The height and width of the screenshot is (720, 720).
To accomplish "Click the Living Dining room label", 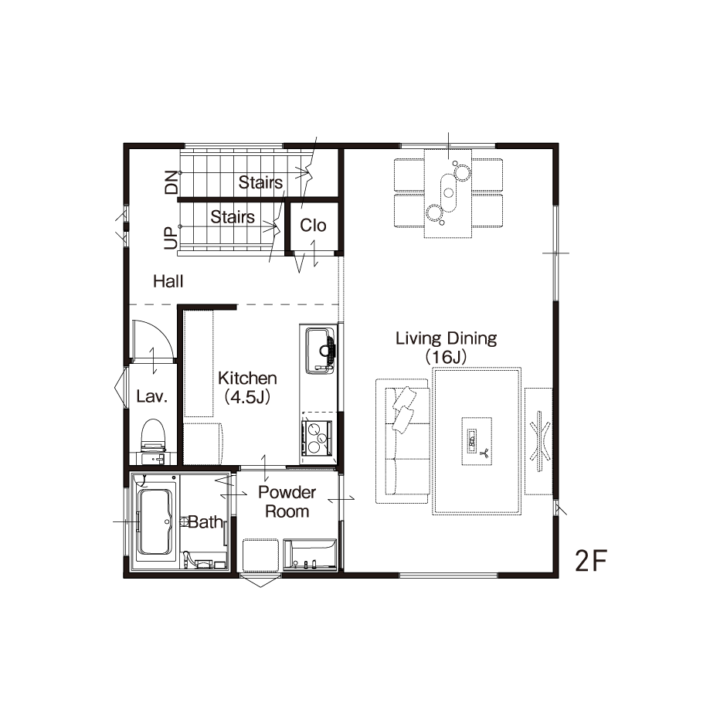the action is [x=446, y=339].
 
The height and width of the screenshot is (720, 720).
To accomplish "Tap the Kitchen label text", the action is [x=247, y=379].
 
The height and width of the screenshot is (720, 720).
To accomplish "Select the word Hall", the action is [x=168, y=281].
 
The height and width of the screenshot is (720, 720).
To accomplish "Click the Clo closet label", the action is [x=313, y=226].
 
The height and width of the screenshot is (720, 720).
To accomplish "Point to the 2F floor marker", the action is [x=591, y=561].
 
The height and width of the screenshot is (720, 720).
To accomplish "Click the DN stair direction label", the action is [x=172, y=182].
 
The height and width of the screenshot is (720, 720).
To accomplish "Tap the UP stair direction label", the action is [x=171, y=238].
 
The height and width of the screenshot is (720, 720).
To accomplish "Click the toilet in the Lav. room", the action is [x=152, y=435].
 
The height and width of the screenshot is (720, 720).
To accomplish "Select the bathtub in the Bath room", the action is [x=155, y=522].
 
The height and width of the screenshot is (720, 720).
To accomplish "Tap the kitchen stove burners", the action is [x=317, y=437].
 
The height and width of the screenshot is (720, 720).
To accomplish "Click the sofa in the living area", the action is [x=403, y=441].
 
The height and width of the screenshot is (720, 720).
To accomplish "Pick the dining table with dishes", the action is [x=448, y=193].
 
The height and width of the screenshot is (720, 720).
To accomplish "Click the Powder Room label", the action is [x=287, y=502].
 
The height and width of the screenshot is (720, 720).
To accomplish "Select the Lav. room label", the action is [x=151, y=396].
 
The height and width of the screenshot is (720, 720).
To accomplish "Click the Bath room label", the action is [x=205, y=522].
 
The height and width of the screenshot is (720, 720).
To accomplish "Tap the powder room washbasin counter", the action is [x=310, y=555].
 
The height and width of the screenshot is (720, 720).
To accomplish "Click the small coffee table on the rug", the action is [x=477, y=441].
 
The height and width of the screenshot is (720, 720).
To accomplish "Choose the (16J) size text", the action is [x=446, y=357].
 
